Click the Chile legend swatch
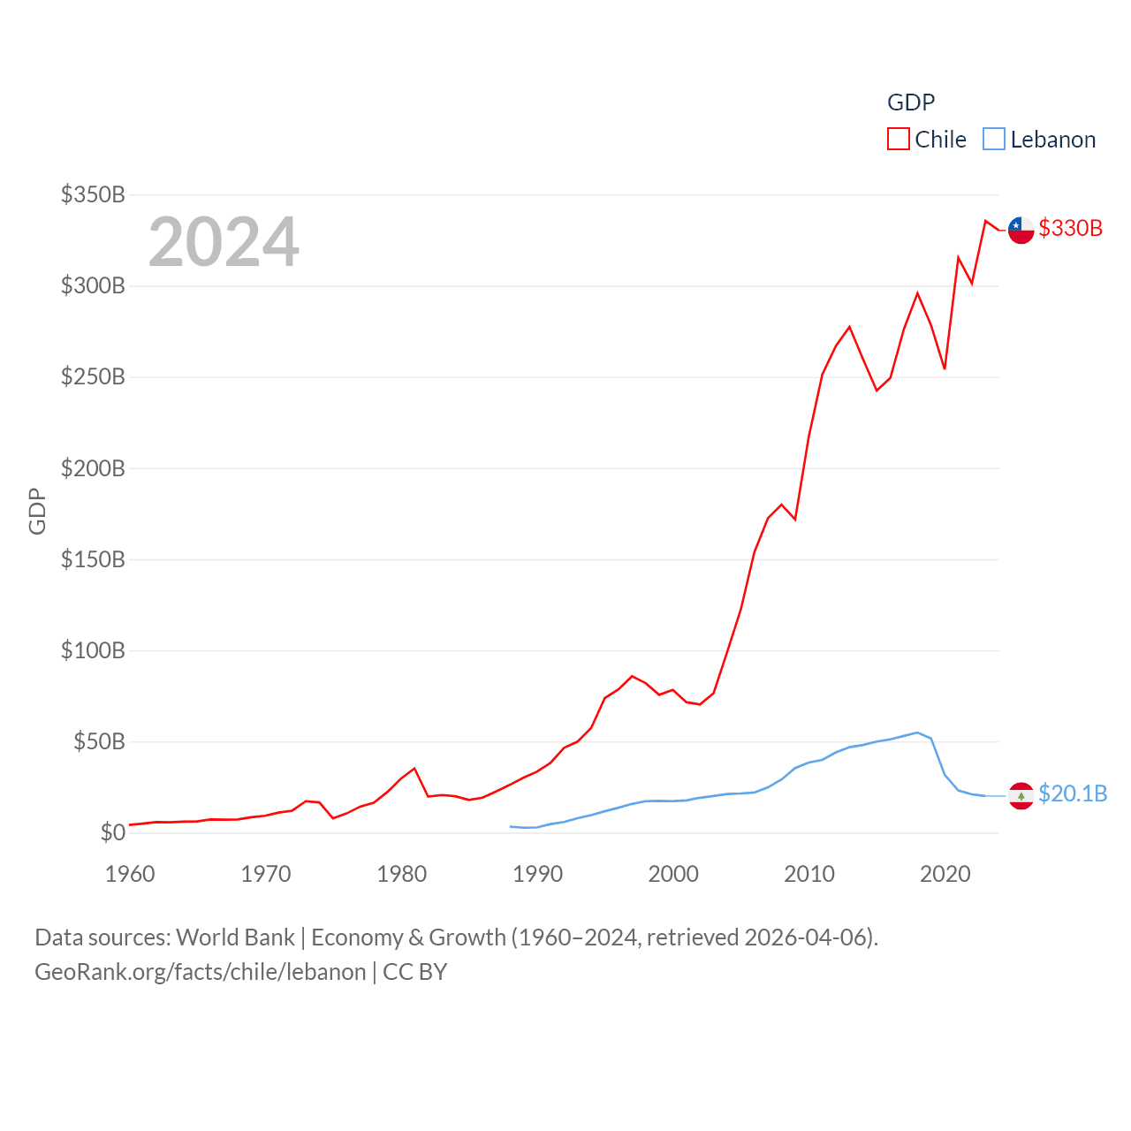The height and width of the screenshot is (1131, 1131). (x=899, y=140)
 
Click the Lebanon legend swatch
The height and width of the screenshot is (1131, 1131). (x=994, y=140)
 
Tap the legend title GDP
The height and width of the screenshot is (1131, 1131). (x=911, y=102)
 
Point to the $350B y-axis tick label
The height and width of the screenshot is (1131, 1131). (x=93, y=194)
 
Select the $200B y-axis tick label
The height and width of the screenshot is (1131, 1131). (x=93, y=468)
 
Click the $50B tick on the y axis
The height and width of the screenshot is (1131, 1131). (x=99, y=741)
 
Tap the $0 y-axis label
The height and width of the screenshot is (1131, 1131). (x=112, y=832)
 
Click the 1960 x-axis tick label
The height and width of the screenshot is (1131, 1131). (x=130, y=874)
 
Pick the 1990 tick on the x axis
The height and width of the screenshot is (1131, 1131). (x=537, y=874)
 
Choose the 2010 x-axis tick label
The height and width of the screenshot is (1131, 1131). (x=809, y=874)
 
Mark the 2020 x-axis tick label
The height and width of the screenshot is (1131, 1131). (x=945, y=874)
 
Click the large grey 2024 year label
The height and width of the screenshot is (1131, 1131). (x=224, y=242)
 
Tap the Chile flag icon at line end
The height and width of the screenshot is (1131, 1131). (x=1021, y=230)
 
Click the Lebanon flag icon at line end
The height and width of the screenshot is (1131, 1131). (x=1021, y=795)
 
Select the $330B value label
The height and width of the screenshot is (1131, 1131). (x=1071, y=228)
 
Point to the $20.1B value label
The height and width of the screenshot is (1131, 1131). (x=1073, y=793)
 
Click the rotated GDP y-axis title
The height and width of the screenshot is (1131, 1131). (x=37, y=511)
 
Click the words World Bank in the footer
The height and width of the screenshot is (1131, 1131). (x=235, y=937)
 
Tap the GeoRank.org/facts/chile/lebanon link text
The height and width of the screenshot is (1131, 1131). (x=201, y=972)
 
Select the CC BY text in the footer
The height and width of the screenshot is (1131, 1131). (x=415, y=972)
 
